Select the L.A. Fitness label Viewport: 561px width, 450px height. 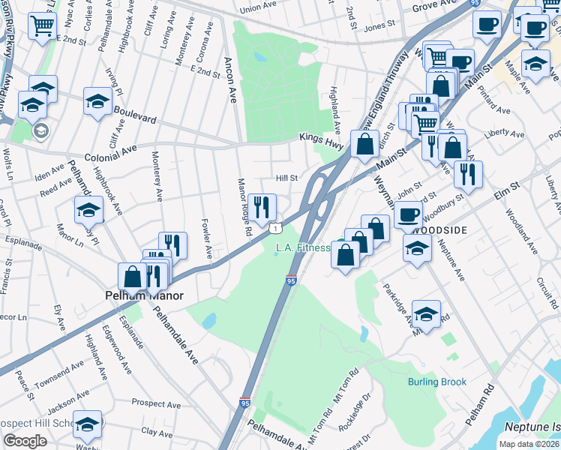coord(303,247)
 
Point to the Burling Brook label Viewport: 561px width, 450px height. coord(437,382)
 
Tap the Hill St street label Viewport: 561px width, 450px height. coord(287,178)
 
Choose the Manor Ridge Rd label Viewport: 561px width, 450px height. coord(243,205)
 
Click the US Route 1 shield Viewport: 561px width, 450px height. coord(277,227)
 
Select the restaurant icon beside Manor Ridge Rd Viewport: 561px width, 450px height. coord(261,207)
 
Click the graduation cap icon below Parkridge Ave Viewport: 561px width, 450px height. coord(426,315)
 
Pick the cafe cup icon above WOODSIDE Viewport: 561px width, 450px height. coord(408,214)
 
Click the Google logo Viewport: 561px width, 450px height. coord(25,441)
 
